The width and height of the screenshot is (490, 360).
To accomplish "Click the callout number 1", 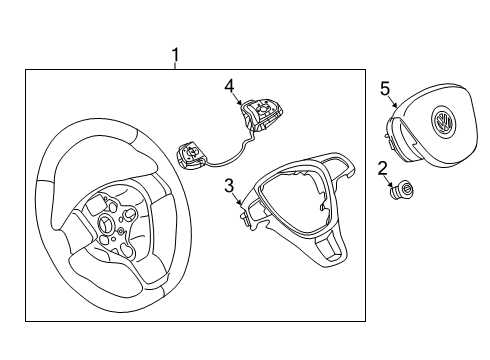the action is [x=175, y=55].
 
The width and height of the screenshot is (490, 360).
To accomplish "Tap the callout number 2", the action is [x=383, y=169].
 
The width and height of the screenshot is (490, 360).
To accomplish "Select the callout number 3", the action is [x=229, y=186].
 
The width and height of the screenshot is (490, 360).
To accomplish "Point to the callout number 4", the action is [x=229, y=87].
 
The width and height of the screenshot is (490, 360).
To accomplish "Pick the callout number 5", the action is [x=385, y=89].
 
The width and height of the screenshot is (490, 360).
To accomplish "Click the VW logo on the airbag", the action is [x=442, y=121].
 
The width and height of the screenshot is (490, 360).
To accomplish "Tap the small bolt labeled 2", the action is [x=402, y=190].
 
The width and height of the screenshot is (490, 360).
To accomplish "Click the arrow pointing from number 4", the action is [x=238, y=99].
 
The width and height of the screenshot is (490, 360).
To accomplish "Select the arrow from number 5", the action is [x=393, y=102].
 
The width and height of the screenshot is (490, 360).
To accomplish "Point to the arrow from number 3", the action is [x=238, y=199].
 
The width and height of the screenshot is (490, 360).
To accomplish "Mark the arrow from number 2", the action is [x=390, y=181].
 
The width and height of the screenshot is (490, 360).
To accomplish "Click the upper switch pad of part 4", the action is [x=262, y=115].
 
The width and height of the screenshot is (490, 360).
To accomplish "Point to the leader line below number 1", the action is [x=175, y=66].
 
